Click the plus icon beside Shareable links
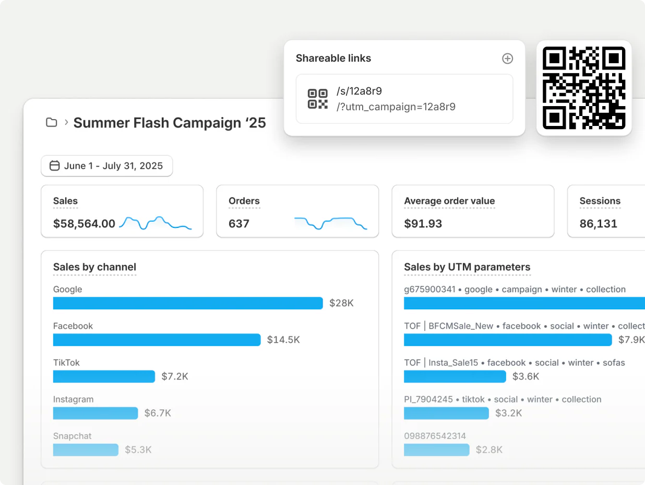coord(507,59)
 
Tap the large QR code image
coord(584,88)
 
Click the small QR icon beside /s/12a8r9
coord(317,99)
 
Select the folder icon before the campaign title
coord(51,123)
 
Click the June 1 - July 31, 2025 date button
coord(106,166)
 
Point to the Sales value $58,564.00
coord(84,224)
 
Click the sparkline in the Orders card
coord(330,223)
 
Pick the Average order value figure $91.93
coord(423,224)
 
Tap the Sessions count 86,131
coord(598,224)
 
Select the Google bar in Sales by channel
coord(188,303)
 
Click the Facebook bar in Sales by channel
coord(157,340)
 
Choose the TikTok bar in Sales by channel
coord(104,376)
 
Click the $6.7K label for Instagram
coord(158,413)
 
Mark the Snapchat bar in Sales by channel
coord(86,449)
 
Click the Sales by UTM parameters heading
coord(467,267)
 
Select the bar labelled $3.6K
coord(455,376)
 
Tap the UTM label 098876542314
coord(435,436)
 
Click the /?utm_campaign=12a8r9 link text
coord(396,107)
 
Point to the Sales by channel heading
coord(94,267)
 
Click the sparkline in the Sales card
coord(155,223)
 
